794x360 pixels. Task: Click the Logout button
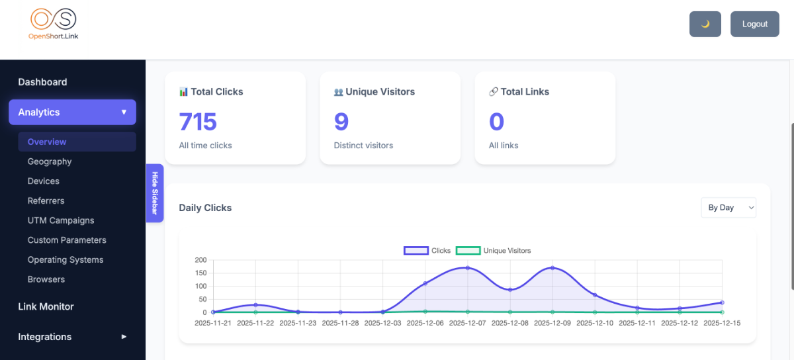point(754,24)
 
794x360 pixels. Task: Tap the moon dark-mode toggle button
point(705,24)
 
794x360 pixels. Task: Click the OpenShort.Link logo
point(54,24)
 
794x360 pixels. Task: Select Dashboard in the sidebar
point(42,82)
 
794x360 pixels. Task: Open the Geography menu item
point(50,161)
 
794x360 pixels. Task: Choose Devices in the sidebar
point(44,181)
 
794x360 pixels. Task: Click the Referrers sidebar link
point(46,201)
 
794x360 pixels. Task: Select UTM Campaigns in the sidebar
point(61,220)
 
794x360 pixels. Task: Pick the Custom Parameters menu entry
point(67,240)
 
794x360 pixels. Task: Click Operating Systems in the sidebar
point(66,260)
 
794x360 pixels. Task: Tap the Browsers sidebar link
point(46,279)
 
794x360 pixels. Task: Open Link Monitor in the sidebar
point(46,306)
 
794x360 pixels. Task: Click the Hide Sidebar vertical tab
point(155,193)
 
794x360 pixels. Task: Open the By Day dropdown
point(728,208)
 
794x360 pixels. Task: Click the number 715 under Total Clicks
point(198,122)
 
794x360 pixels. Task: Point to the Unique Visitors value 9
point(341,122)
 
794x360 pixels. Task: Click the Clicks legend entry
point(427,251)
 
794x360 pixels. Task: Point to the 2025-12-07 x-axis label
point(467,324)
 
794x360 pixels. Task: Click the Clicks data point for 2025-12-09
point(552,268)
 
